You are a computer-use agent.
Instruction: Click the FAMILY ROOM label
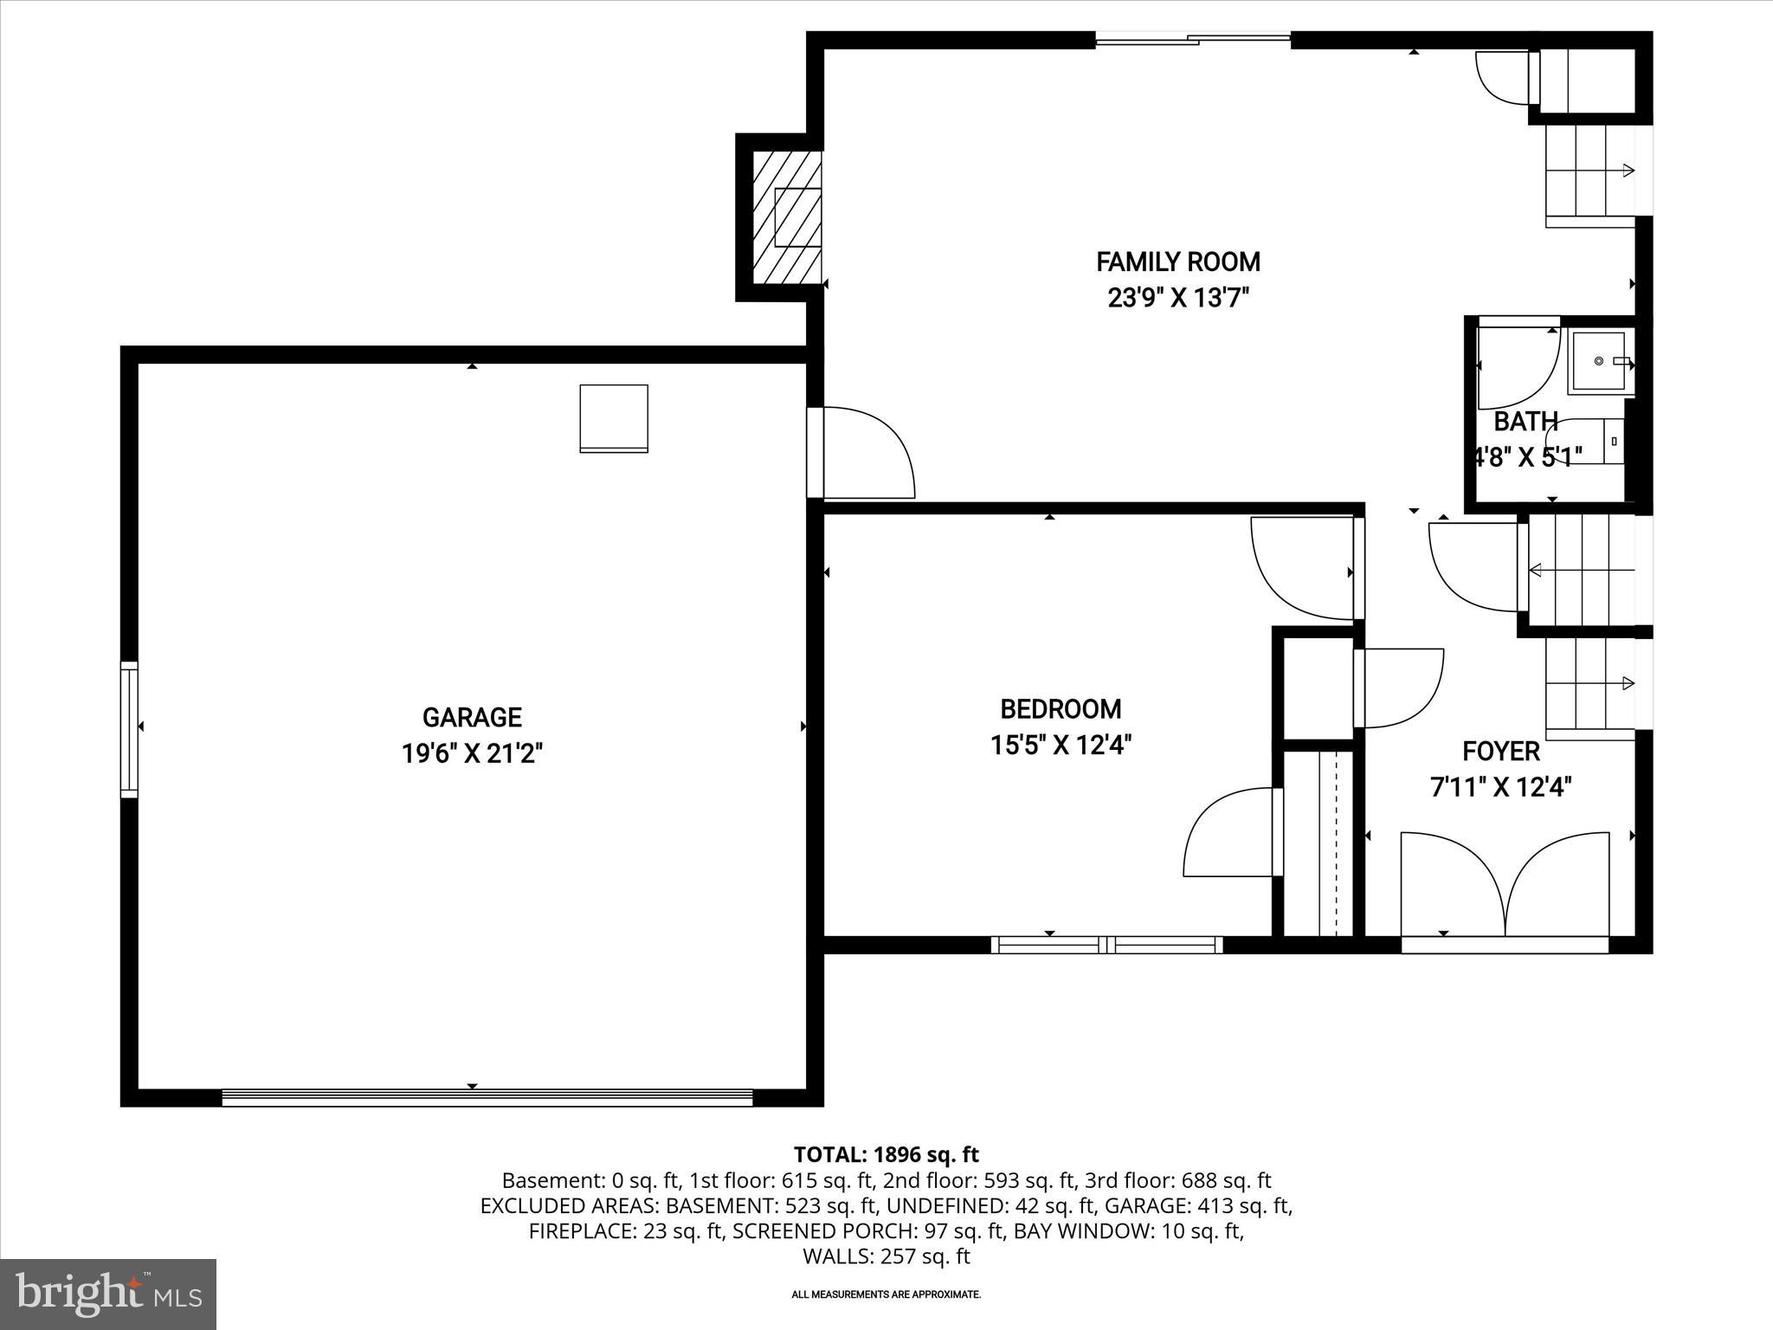pyautogui.click(x=1177, y=261)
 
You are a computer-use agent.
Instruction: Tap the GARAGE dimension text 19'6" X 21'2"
pyautogui.click(x=472, y=753)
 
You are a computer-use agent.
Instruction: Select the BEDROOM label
pyautogui.click(x=1061, y=709)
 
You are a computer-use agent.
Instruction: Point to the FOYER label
pyautogui.click(x=1501, y=751)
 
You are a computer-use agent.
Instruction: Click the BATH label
pyautogui.click(x=1525, y=422)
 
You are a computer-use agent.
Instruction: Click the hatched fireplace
pyautogui.click(x=786, y=217)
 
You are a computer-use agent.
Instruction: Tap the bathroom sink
pyautogui.click(x=1598, y=361)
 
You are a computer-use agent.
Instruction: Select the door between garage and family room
pyautogui.click(x=861, y=454)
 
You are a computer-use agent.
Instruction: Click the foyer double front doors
pyautogui.click(x=1505, y=888)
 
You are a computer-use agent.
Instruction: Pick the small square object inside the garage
pyautogui.click(x=614, y=418)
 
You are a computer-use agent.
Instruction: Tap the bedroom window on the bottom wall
pyautogui.click(x=1106, y=945)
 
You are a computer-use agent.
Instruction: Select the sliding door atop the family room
pyautogui.click(x=1193, y=39)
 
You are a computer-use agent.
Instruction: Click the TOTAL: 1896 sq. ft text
pyautogui.click(x=886, y=1154)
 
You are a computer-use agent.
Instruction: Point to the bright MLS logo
pyautogui.click(x=108, y=1294)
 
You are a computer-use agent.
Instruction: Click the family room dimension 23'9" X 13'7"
pyautogui.click(x=1177, y=299)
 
